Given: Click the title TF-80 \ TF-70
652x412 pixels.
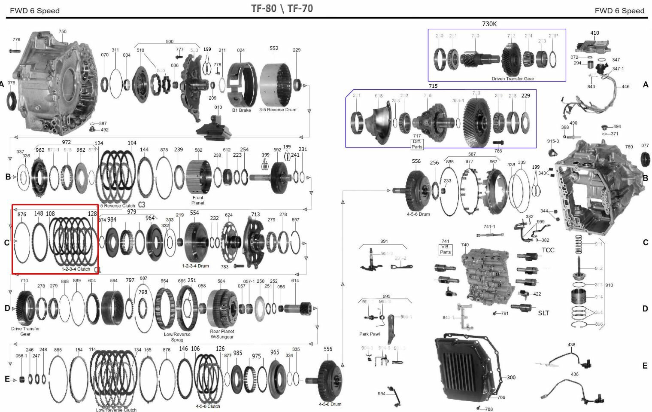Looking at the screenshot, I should point(282,8).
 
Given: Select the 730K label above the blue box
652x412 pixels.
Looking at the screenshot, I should point(489,24).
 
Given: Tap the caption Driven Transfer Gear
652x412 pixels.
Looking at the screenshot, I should point(513,79).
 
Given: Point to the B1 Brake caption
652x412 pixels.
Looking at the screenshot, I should point(241,110).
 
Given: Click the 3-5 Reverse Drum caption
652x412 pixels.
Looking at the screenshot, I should point(277,110).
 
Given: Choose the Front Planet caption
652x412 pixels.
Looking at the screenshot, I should point(198,200).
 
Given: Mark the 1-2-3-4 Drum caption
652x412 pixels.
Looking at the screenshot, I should point(195,266).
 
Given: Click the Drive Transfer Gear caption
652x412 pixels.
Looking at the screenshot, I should point(25,331).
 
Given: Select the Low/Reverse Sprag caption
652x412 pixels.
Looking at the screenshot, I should point(177,337).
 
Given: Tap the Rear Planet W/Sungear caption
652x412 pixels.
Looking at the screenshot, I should point(221,334).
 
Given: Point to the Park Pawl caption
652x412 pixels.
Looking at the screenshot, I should point(369,334).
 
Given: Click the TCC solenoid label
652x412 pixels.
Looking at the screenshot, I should point(548,250).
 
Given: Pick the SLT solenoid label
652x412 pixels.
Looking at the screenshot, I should point(543,313).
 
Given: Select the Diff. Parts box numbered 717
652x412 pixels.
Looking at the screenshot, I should point(417,144).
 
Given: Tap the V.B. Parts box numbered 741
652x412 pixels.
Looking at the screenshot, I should point(445,250).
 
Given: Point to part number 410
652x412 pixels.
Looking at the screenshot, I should point(594,33).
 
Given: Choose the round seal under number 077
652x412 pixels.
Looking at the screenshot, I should point(645,159).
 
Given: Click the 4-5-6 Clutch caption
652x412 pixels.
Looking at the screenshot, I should point(208,406).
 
